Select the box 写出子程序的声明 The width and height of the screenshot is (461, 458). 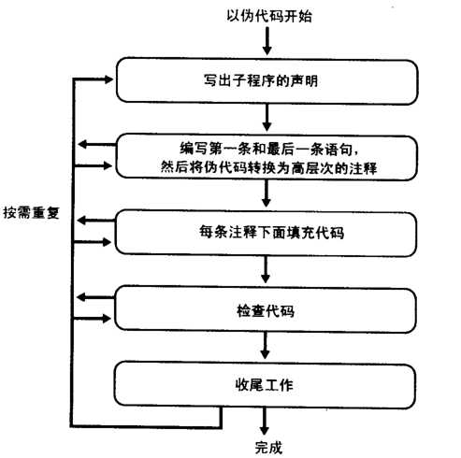[267, 80]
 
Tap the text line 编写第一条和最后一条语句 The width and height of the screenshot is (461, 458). [266, 147]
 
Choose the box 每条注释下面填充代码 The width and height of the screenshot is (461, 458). [266, 232]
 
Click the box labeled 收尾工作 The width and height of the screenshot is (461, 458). [266, 382]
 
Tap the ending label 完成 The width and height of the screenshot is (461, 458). [267, 446]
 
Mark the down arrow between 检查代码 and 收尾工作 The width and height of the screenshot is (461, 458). [267, 346]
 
